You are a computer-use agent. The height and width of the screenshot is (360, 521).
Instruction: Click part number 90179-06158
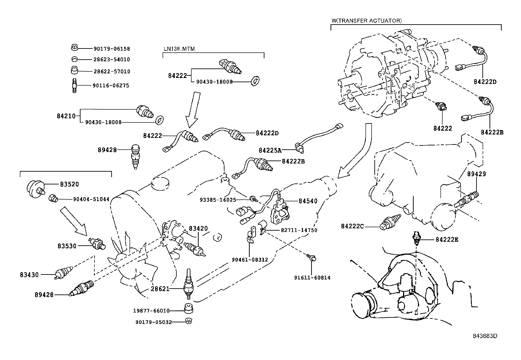click(112, 49)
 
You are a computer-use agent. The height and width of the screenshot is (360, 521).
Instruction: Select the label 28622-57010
click(112, 71)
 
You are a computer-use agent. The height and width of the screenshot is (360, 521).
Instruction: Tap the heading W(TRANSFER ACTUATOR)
click(367, 20)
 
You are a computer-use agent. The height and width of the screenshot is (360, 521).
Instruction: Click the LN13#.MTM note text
click(179, 49)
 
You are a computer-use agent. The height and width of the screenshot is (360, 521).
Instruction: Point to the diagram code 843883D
click(485, 336)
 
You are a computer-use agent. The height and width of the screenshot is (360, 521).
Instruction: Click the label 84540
click(308, 201)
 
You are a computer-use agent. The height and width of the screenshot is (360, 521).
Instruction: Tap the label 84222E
click(447, 240)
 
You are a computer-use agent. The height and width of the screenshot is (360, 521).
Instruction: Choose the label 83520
click(69, 184)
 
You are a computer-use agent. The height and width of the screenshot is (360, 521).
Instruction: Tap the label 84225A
click(270, 150)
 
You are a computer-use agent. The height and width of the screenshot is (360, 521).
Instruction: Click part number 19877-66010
click(151, 311)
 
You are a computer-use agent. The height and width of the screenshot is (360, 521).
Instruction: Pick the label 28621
click(160, 289)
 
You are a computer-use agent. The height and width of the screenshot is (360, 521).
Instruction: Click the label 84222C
click(352, 226)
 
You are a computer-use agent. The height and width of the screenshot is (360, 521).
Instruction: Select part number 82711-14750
click(299, 230)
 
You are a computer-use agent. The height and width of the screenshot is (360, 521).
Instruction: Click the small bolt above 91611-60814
click(312, 258)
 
